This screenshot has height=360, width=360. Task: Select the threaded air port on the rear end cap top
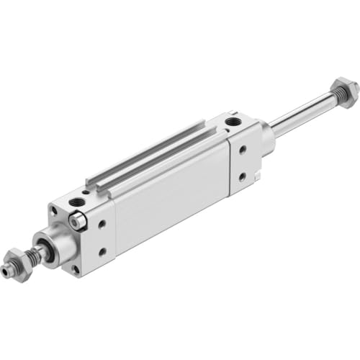tap(233, 122)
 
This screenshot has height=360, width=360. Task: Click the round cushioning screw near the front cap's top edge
tap(79, 223)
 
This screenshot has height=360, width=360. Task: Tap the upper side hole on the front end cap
tap(104, 225)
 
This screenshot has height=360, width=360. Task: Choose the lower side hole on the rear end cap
tap(243, 175)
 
